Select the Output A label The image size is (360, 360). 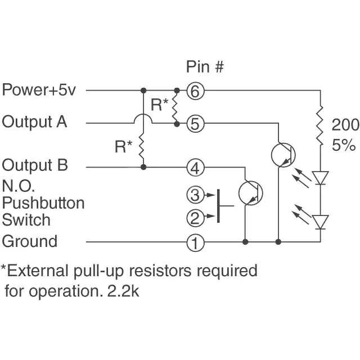coord(35,121)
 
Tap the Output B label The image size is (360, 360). coord(35,165)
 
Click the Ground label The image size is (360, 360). coord(30,241)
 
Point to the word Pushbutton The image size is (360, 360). coord(43,202)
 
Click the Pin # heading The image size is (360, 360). coord(205,67)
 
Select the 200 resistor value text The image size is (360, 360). coord(344,124)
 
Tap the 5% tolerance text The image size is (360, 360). coord(343,145)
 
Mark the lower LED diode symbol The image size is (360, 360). coord(321,222)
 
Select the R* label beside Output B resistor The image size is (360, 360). coord(123,147)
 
